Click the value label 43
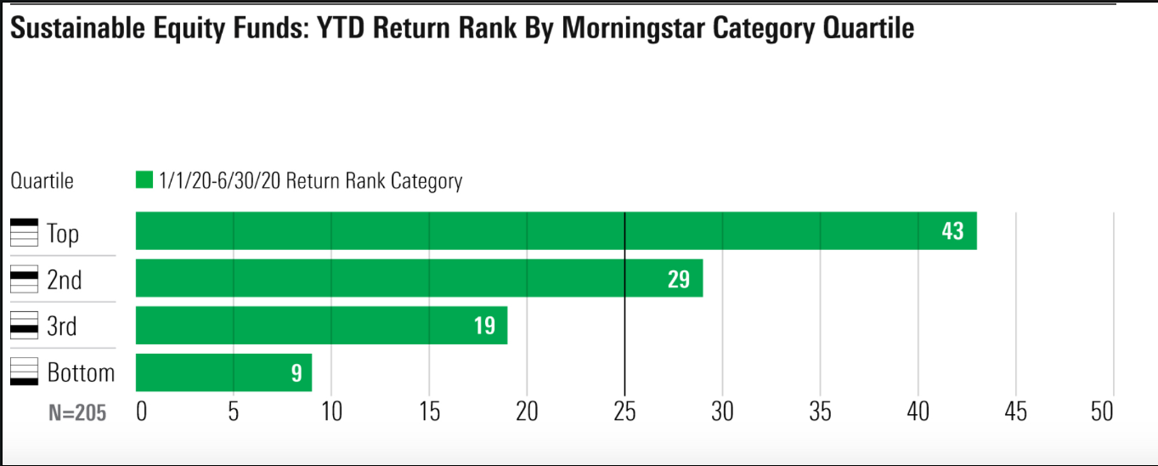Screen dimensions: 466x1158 (952, 231)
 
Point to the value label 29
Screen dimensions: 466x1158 (678, 279)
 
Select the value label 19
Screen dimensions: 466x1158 (483, 326)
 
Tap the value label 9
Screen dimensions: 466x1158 (297, 373)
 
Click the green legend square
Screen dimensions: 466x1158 (144, 180)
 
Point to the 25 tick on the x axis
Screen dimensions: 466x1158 (624, 412)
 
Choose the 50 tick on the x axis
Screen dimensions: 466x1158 (1101, 412)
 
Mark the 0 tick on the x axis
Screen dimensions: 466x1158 (141, 412)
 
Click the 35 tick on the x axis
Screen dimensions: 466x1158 (820, 412)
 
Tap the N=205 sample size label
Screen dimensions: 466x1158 (77, 412)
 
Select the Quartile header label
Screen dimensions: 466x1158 (42, 181)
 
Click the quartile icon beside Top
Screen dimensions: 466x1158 (25, 232)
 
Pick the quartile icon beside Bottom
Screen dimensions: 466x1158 (25, 372)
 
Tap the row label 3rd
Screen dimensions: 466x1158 (62, 326)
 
